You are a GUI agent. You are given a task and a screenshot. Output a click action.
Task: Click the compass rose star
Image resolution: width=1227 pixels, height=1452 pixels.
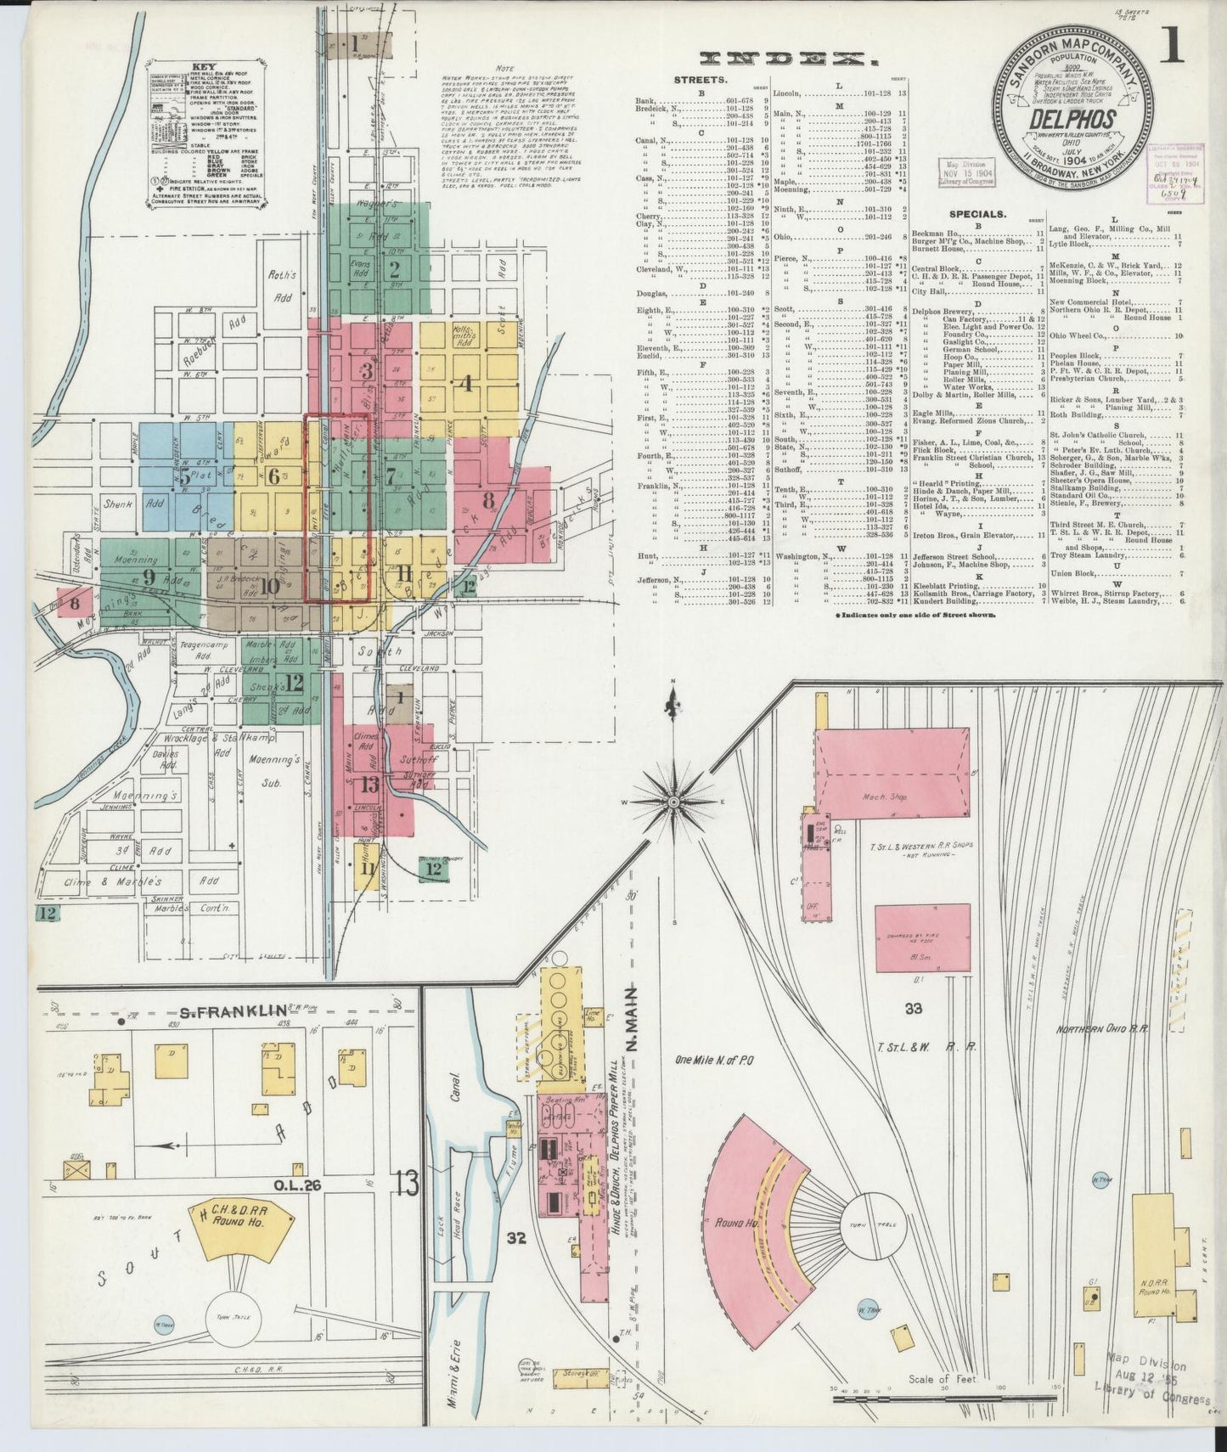[x=673, y=801]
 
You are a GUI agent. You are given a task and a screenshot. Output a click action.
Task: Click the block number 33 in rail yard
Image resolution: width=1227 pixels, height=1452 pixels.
[x=913, y=1008]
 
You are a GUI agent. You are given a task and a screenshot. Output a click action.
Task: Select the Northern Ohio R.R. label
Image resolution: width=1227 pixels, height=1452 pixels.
[x=1101, y=1029]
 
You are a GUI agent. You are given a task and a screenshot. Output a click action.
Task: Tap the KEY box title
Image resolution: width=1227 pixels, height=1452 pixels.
[x=204, y=66]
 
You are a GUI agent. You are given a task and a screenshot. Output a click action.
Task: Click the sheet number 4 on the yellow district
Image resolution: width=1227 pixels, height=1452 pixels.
[x=464, y=383]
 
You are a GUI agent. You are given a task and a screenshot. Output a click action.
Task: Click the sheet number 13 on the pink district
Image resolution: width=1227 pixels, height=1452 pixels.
[x=370, y=784]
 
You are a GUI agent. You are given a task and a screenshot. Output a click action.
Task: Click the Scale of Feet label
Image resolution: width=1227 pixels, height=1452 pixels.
[x=942, y=1379]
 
